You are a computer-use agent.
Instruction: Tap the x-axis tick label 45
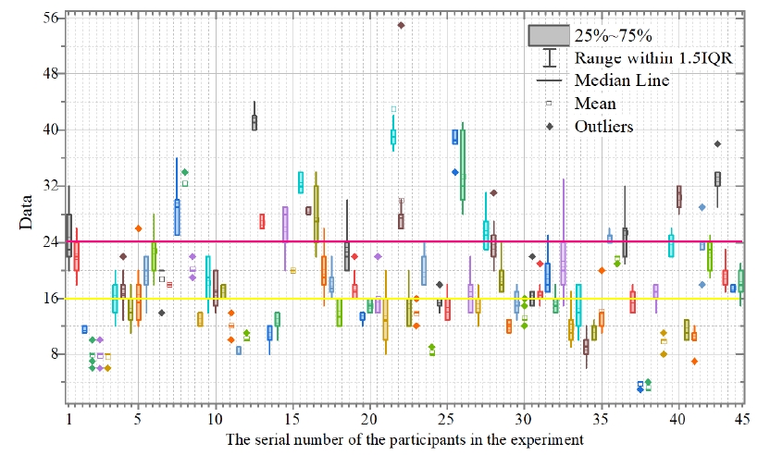(740, 420)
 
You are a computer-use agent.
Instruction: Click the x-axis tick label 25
(447, 420)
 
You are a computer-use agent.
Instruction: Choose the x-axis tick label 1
(69, 420)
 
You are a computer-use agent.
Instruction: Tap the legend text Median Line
(622, 81)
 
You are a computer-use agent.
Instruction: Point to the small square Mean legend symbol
(549, 103)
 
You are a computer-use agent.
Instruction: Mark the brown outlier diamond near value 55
(401, 25)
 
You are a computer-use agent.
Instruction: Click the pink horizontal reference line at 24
(278, 241)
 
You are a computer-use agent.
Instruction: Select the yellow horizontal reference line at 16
(278, 298)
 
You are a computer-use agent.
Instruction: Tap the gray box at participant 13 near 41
(255, 123)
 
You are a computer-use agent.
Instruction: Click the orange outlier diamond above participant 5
(139, 228)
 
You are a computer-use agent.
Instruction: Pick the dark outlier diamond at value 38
(717, 143)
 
